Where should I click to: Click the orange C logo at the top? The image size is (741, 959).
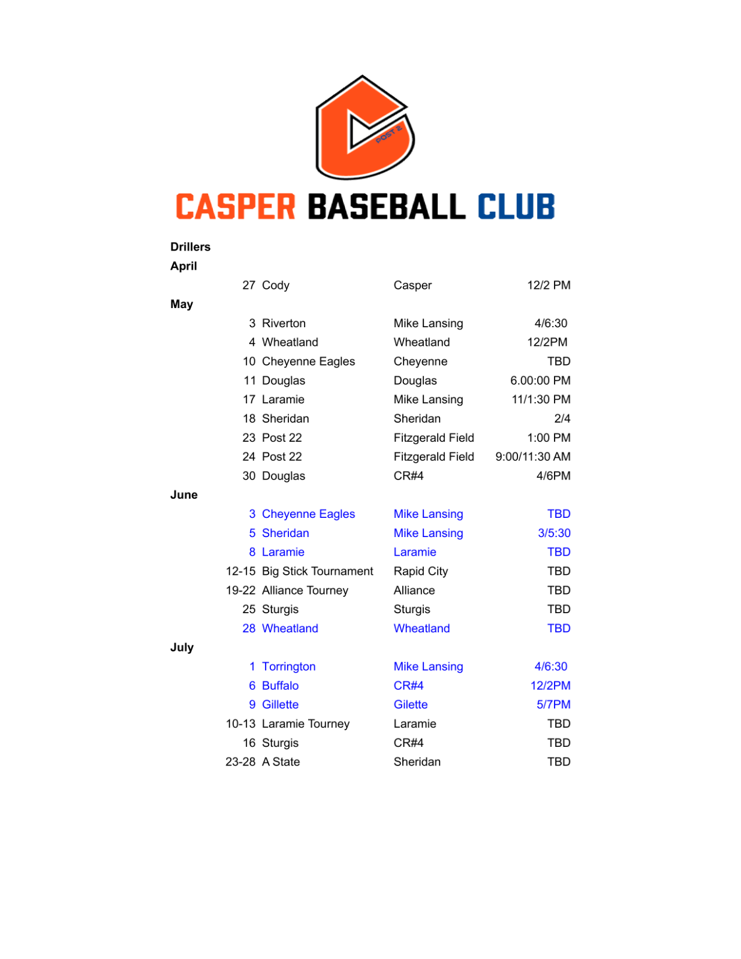365,127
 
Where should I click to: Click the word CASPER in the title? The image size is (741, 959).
236,207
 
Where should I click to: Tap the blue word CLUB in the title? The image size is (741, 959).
516,207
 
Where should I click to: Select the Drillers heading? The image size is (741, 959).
190,247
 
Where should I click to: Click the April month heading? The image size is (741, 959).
183,266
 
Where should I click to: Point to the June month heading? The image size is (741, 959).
183,495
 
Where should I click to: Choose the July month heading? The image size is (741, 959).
182,647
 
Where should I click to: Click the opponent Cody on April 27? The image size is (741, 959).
275,285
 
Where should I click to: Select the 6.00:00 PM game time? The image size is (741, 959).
540,381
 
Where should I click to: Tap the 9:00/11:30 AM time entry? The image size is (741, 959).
532,457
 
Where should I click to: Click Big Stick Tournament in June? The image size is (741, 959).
317,571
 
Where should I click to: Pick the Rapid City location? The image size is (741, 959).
420,571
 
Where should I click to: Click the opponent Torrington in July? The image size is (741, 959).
288,667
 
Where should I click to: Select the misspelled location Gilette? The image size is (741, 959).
410,705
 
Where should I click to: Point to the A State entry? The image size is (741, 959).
281,762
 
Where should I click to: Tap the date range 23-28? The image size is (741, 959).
240,762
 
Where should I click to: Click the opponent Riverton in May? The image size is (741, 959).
284,324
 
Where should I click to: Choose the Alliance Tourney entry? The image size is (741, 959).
305,590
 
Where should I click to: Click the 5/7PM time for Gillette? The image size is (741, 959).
553,705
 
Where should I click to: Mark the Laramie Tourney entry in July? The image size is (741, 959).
305,724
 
